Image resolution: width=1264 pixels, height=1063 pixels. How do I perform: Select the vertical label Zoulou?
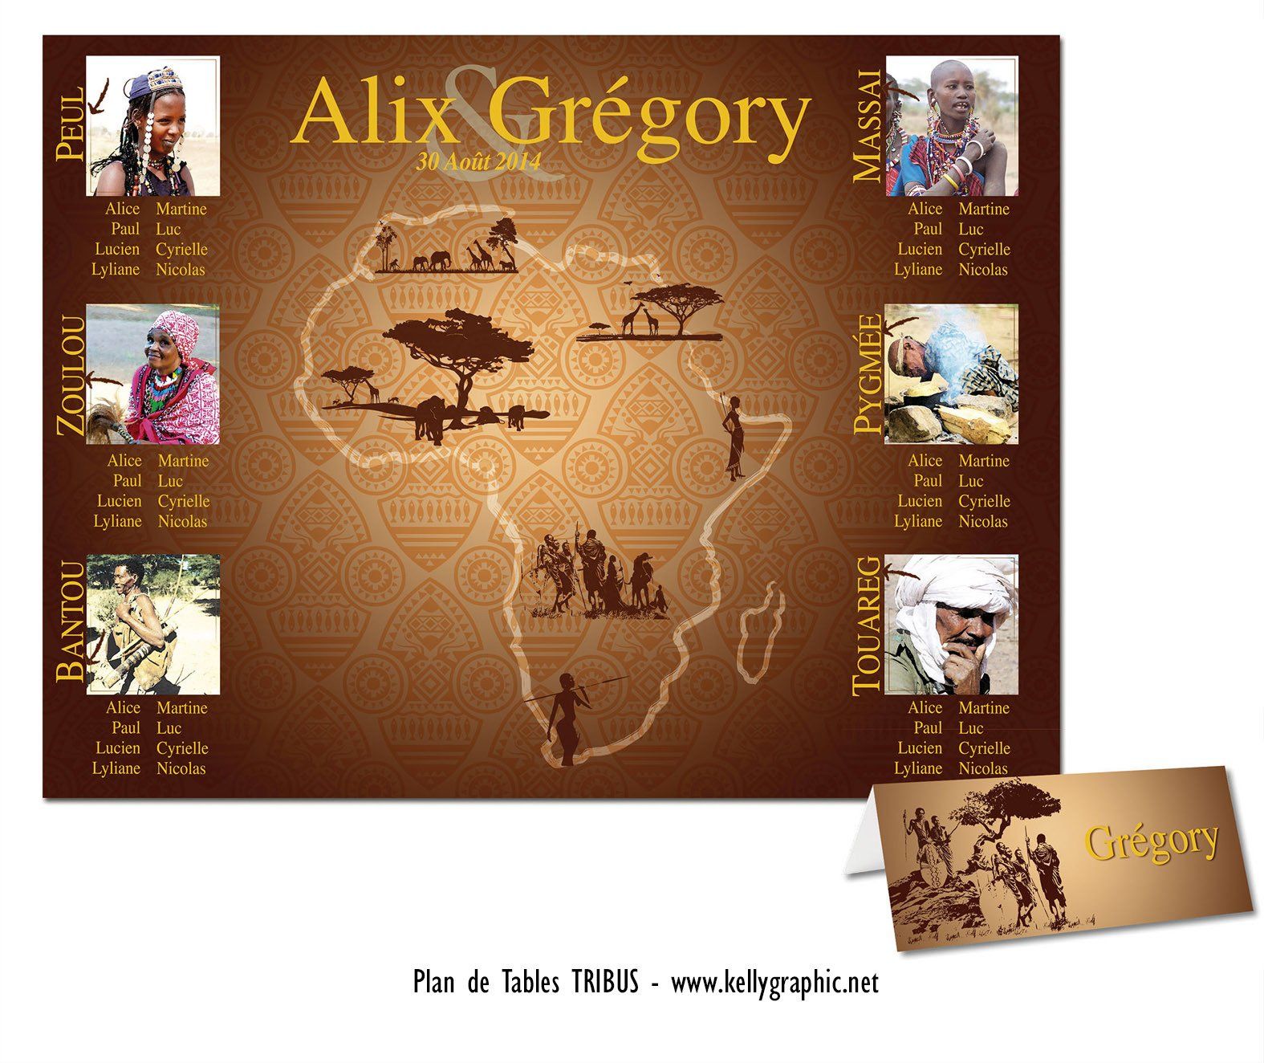[71, 375]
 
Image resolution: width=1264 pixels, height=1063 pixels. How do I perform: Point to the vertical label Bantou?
[71, 622]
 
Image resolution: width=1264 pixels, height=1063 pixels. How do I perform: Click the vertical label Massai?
[868, 125]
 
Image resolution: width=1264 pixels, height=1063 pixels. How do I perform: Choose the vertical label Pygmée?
[868, 373]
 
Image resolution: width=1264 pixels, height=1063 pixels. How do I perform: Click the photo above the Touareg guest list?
[952, 624]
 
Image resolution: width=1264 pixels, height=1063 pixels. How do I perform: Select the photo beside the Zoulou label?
[152, 374]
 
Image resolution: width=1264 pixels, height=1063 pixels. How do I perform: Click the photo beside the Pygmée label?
[952, 374]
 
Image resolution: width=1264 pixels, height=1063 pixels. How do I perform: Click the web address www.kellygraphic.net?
[774, 983]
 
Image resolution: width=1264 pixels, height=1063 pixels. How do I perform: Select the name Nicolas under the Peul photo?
[181, 270]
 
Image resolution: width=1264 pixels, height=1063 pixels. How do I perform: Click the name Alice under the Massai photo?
[925, 210]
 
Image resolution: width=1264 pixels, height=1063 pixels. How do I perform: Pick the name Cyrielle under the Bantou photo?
[182, 748]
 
